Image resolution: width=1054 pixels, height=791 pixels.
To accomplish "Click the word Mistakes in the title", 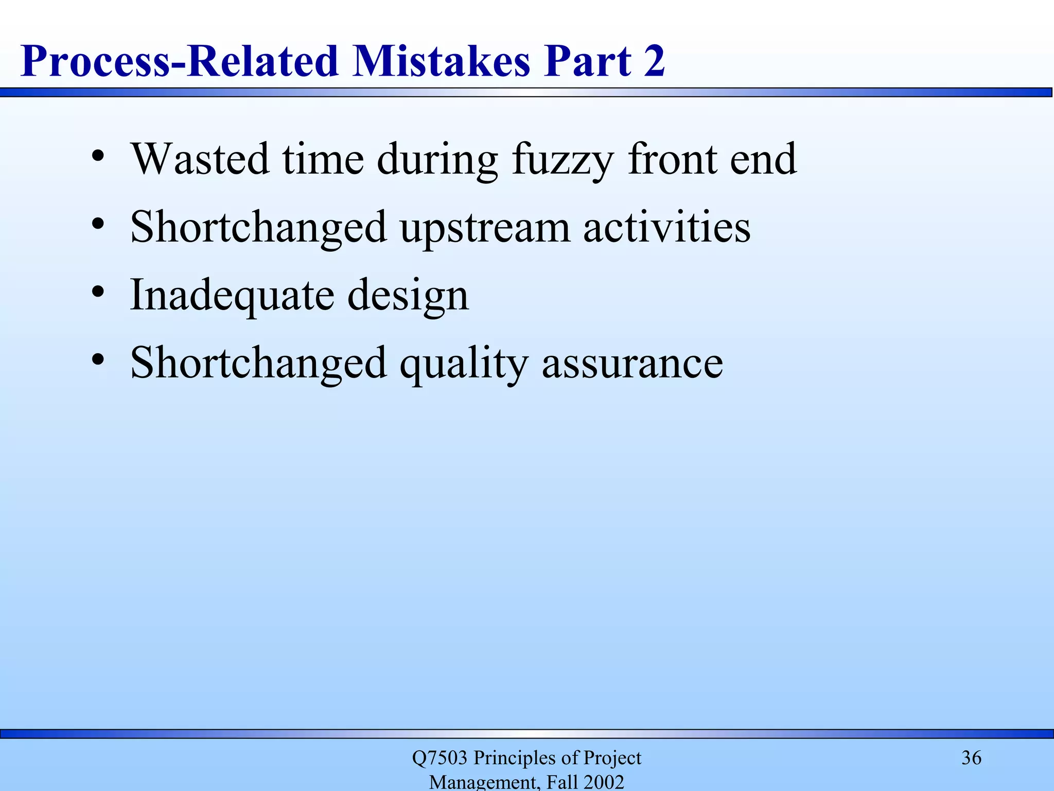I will [x=441, y=61].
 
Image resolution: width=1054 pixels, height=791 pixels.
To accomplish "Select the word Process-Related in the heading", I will [x=179, y=61].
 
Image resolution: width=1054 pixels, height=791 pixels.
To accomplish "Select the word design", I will [x=408, y=296].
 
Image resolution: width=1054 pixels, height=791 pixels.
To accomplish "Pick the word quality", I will [x=464, y=364].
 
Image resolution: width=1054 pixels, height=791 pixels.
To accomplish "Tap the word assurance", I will [x=633, y=364].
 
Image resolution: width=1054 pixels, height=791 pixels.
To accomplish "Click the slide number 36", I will [x=971, y=758].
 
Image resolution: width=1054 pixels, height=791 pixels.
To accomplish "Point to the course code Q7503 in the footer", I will [x=440, y=758].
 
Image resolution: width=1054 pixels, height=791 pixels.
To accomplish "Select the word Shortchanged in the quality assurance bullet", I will [x=258, y=363].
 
